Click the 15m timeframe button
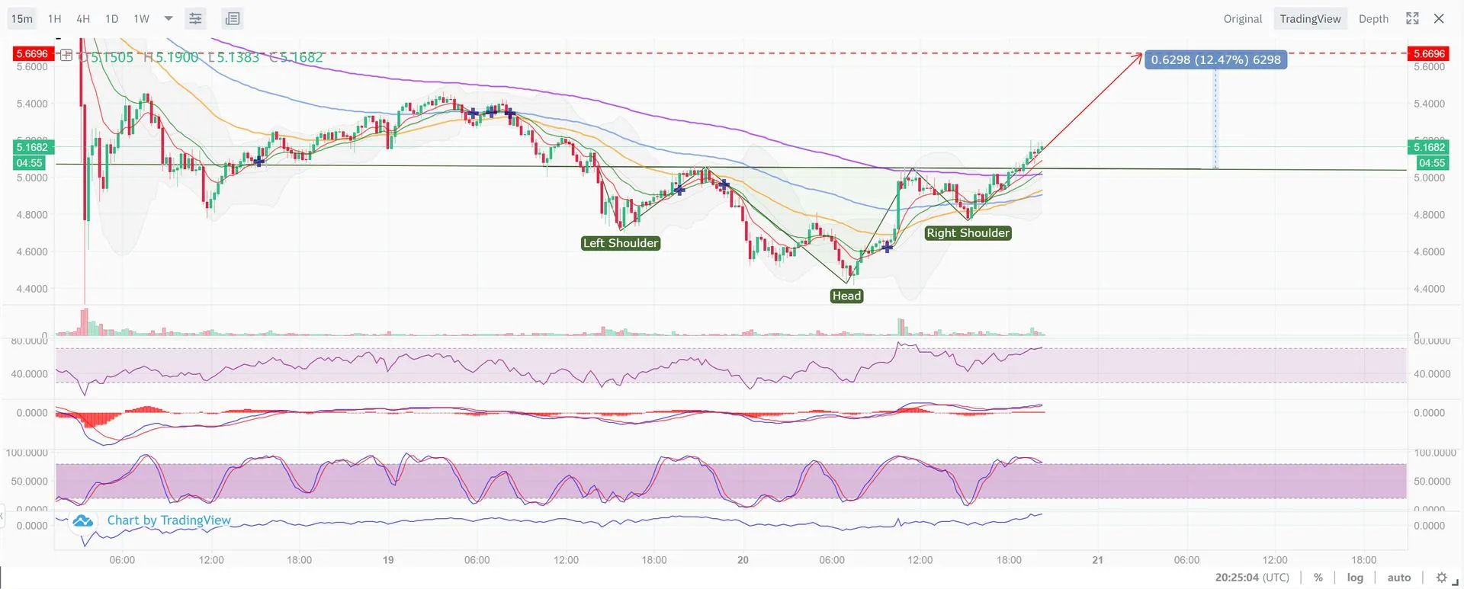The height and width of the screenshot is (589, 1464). point(22,18)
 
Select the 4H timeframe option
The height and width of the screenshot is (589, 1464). point(83,18)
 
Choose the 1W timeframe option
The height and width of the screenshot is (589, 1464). point(142,18)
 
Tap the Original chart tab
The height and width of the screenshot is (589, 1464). point(1242,18)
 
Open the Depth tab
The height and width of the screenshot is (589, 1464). point(1373,18)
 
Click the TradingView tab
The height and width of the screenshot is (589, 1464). point(1310,18)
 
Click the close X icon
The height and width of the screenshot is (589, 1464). point(1439,18)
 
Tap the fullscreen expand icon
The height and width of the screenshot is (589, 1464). point(1412,18)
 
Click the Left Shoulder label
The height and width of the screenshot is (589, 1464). point(621,243)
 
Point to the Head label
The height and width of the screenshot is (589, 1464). point(846,296)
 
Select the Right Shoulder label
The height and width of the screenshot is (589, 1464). point(968,232)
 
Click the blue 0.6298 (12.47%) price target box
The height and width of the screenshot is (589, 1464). point(1215,59)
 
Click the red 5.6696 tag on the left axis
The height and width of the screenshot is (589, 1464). point(32,53)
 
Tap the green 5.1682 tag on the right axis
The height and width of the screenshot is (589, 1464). point(1429,147)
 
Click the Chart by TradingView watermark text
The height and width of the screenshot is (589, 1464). point(169,520)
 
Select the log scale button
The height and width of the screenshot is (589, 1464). point(1355,578)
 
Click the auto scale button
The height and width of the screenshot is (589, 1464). point(1398,578)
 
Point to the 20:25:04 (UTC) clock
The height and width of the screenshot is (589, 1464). point(1252,578)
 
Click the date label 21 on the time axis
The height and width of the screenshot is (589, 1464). point(1097,560)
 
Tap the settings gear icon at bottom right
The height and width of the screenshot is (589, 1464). point(1441,578)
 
